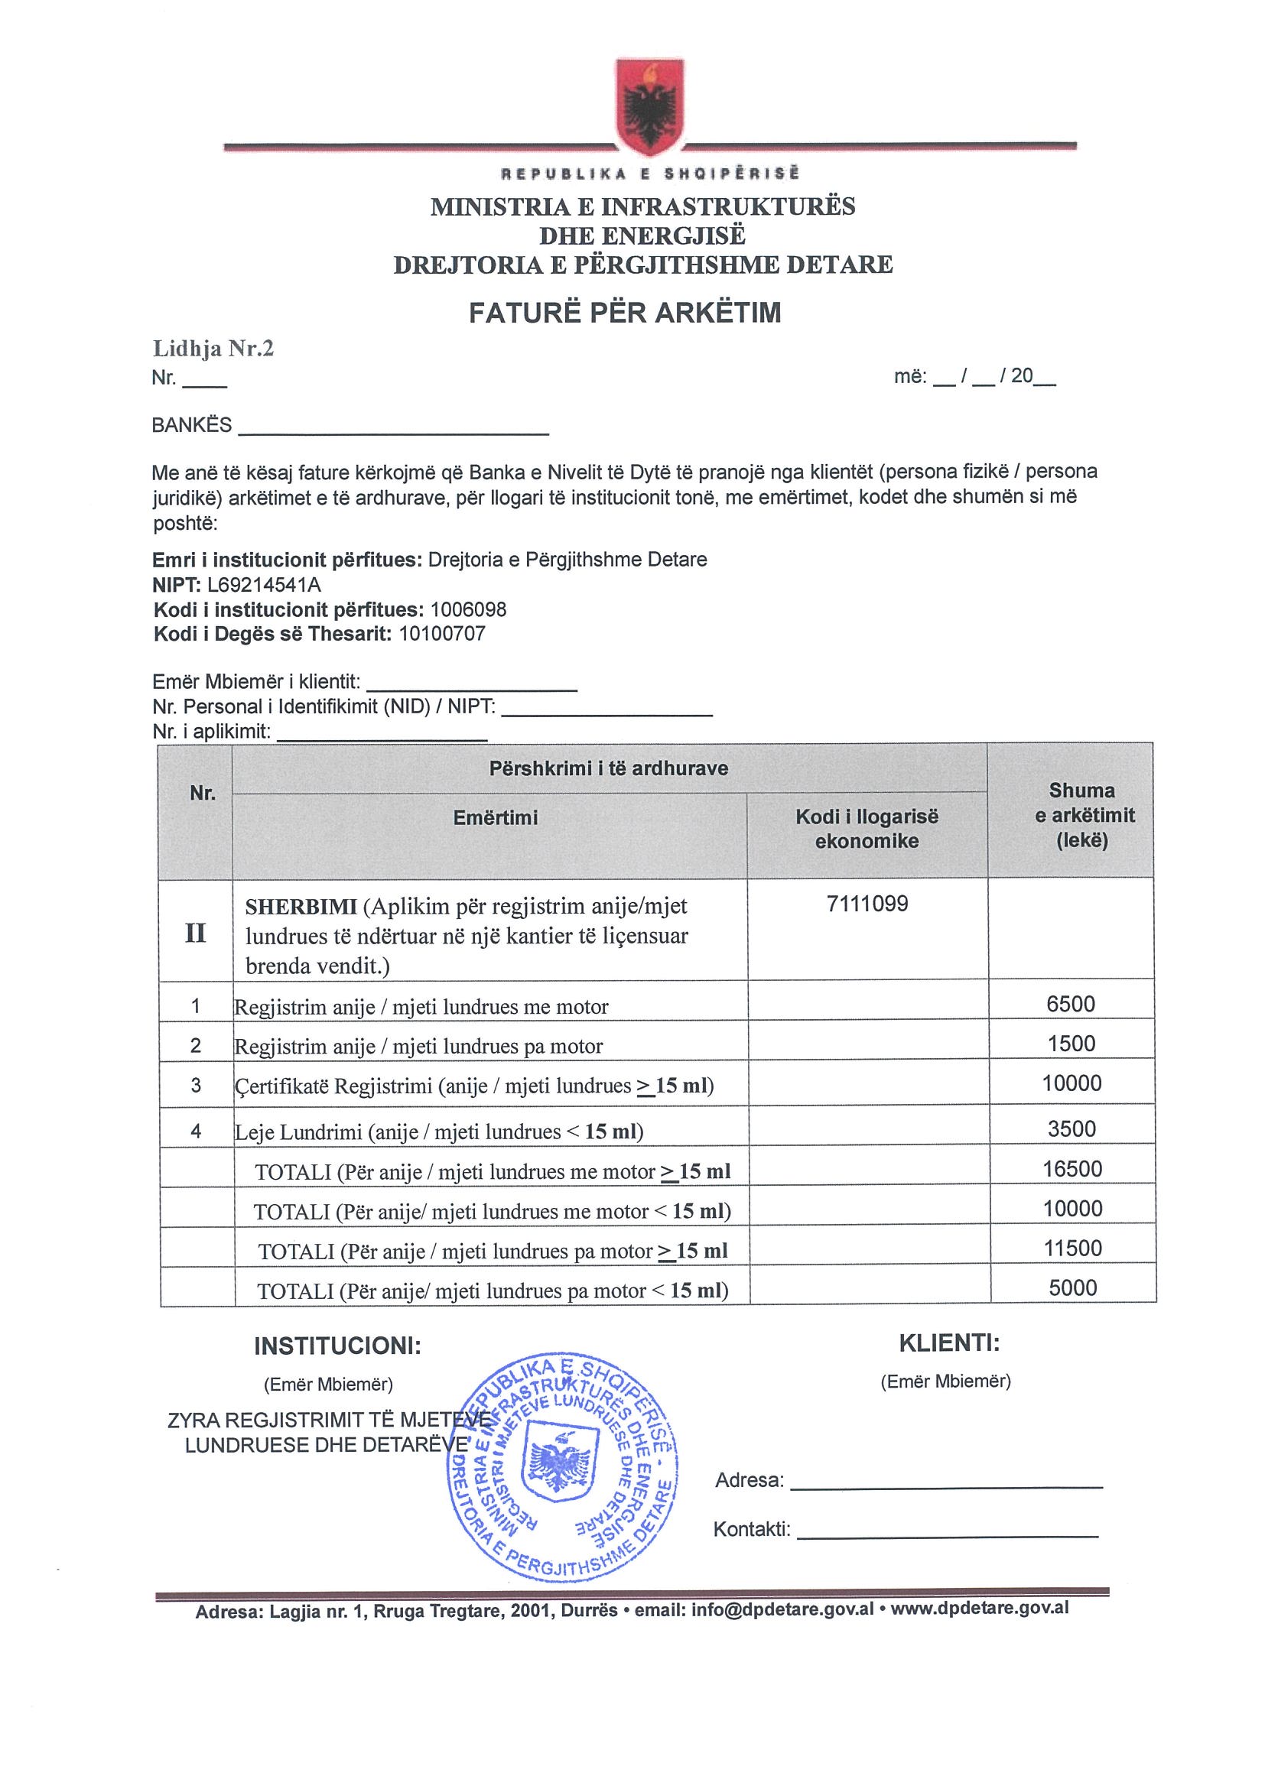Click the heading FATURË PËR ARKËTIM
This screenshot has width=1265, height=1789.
pyautogui.click(x=624, y=313)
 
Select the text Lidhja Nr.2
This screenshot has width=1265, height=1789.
pyautogui.click(x=213, y=349)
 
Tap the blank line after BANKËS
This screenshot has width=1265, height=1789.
pyautogui.click(x=393, y=428)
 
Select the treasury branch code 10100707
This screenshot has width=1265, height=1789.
pyautogui.click(x=442, y=634)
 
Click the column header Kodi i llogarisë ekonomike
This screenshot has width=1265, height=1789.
pyautogui.click(x=867, y=828)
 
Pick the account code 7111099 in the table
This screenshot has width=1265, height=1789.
pyautogui.click(x=867, y=904)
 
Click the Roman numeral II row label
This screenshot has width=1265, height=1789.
pyautogui.click(x=196, y=933)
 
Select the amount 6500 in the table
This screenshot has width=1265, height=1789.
pyautogui.click(x=1071, y=1004)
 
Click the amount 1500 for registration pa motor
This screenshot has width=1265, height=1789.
pyautogui.click(x=1072, y=1044)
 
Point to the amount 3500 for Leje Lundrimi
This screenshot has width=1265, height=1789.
pyautogui.click(x=1072, y=1129)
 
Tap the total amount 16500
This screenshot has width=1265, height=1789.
pyautogui.click(x=1072, y=1169)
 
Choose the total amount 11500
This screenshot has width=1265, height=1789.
pyautogui.click(x=1072, y=1248)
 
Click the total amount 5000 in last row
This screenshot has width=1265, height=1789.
pyautogui.click(x=1072, y=1288)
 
